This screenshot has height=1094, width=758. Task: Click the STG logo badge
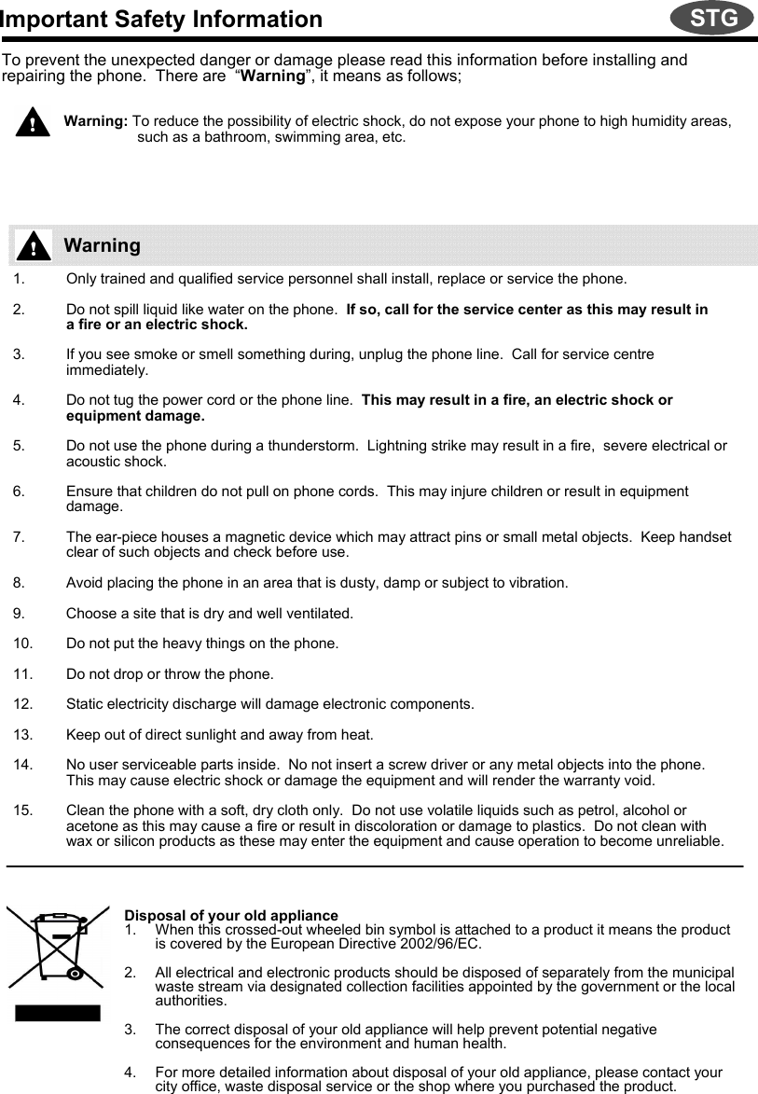pyautogui.click(x=713, y=18)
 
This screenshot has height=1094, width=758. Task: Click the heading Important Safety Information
pyautogui.click(x=161, y=20)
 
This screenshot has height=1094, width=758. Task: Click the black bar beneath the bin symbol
pyautogui.click(x=57, y=1013)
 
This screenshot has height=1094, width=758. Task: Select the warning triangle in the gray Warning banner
pyautogui.click(x=34, y=246)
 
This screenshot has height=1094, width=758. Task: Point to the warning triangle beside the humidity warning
pyautogui.click(x=32, y=122)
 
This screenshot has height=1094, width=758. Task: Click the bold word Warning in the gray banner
pyautogui.click(x=103, y=246)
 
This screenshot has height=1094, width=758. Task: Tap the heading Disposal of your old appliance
pyautogui.click(x=231, y=916)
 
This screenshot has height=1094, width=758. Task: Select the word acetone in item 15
pyautogui.click(x=90, y=826)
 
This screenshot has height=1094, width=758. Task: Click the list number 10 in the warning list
pyautogui.click(x=24, y=644)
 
